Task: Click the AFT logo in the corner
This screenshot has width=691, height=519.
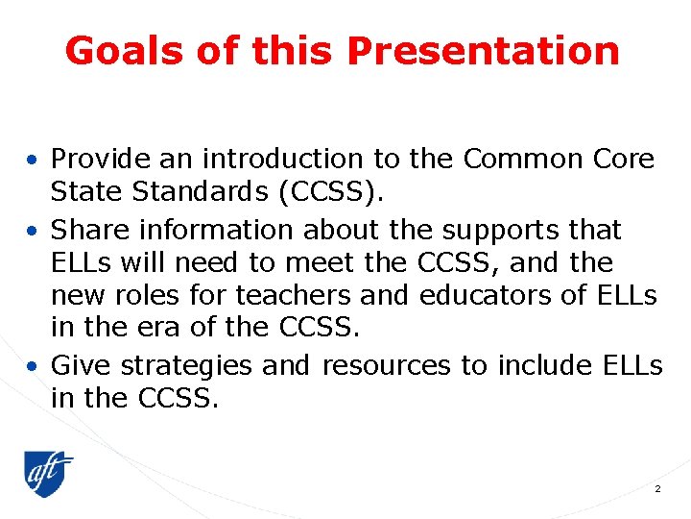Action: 49,474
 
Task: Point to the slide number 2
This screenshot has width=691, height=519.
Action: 657,489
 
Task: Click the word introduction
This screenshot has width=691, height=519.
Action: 272,158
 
